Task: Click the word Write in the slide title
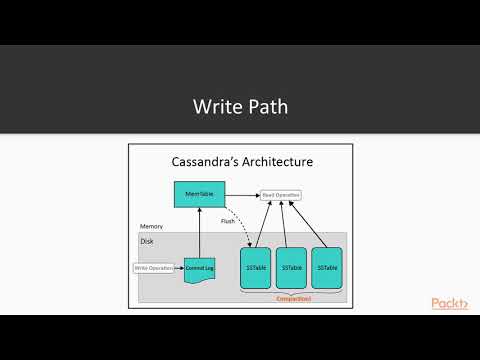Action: [x=215, y=106]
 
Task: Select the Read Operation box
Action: [x=281, y=195]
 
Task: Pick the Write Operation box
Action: [x=156, y=268]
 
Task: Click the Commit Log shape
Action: [x=200, y=269]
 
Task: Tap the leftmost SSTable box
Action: [x=257, y=268]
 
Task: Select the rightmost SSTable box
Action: [x=327, y=268]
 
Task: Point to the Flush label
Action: [x=228, y=221]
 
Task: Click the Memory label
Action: [x=151, y=227]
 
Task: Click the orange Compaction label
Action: [x=293, y=297]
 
